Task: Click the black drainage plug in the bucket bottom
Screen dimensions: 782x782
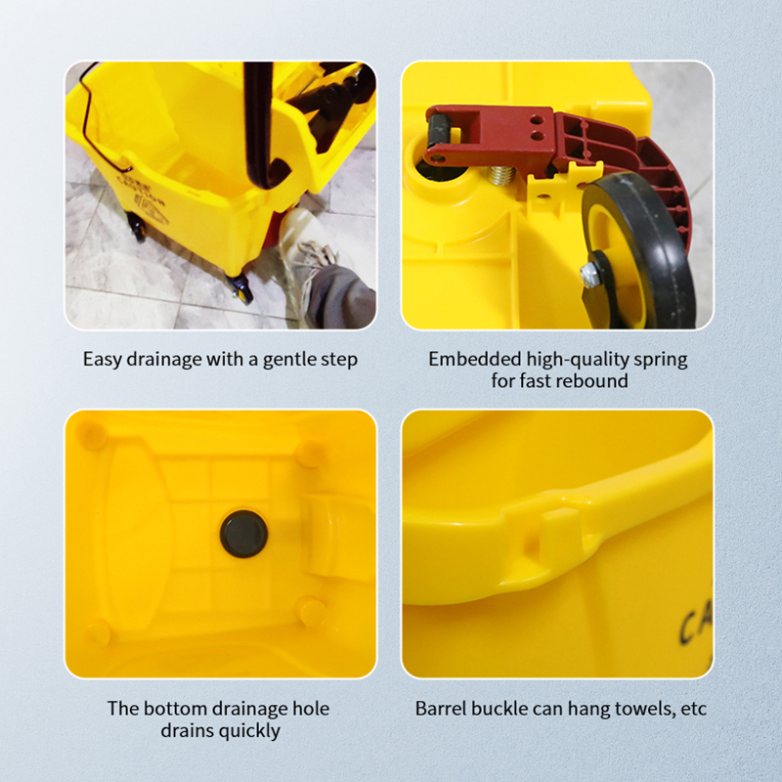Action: pyautogui.click(x=243, y=534)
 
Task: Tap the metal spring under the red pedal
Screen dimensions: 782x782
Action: pyautogui.click(x=501, y=175)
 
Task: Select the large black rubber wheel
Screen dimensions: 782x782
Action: pyautogui.click(x=640, y=249)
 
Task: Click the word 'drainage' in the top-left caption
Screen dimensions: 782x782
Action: pyautogui.click(x=164, y=360)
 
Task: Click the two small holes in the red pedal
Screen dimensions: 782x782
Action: pyautogui.click(x=537, y=128)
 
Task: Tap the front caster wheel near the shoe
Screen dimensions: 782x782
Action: pyautogui.click(x=239, y=288)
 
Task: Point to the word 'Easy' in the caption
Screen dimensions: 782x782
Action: pyautogui.click(x=103, y=360)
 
